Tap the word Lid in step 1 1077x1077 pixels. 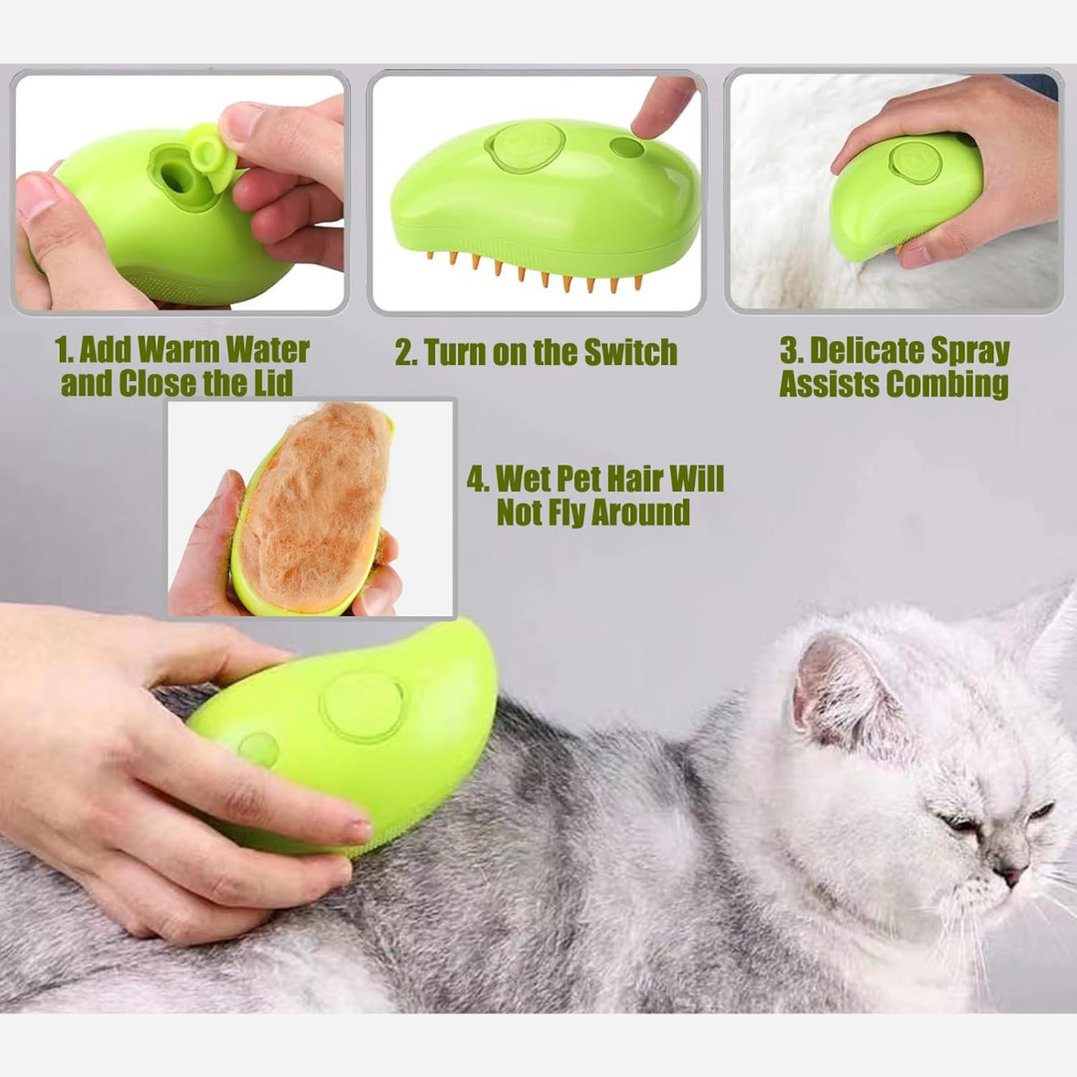coord(273,383)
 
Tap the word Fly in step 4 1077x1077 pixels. coord(564,513)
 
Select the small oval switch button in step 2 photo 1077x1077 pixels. coord(626,147)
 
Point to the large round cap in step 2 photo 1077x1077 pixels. coord(526,146)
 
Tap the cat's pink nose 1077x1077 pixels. coord(1009,876)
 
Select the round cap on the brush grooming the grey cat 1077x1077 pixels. coord(362,707)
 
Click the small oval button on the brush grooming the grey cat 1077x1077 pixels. coord(258,749)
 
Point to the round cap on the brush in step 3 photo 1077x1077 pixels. coord(914,163)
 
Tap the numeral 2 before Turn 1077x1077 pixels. coord(403,352)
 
